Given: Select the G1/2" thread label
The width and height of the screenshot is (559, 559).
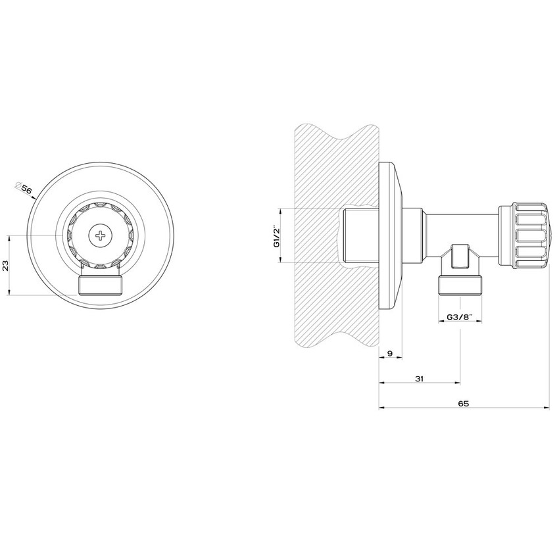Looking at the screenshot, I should (x=277, y=235).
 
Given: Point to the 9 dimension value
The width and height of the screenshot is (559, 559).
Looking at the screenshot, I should (x=390, y=354).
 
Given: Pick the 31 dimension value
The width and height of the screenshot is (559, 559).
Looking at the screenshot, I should (x=419, y=378).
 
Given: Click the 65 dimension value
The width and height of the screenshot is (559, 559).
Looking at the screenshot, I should (x=463, y=403).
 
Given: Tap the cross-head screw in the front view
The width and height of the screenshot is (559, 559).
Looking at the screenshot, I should (x=100, y=235).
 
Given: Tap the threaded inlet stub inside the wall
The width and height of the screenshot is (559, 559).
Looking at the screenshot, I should (x=359, y=235).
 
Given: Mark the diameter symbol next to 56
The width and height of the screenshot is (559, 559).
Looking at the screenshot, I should (x=18, y=185).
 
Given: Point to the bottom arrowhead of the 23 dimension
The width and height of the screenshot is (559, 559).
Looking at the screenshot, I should (x=10, y=293).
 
